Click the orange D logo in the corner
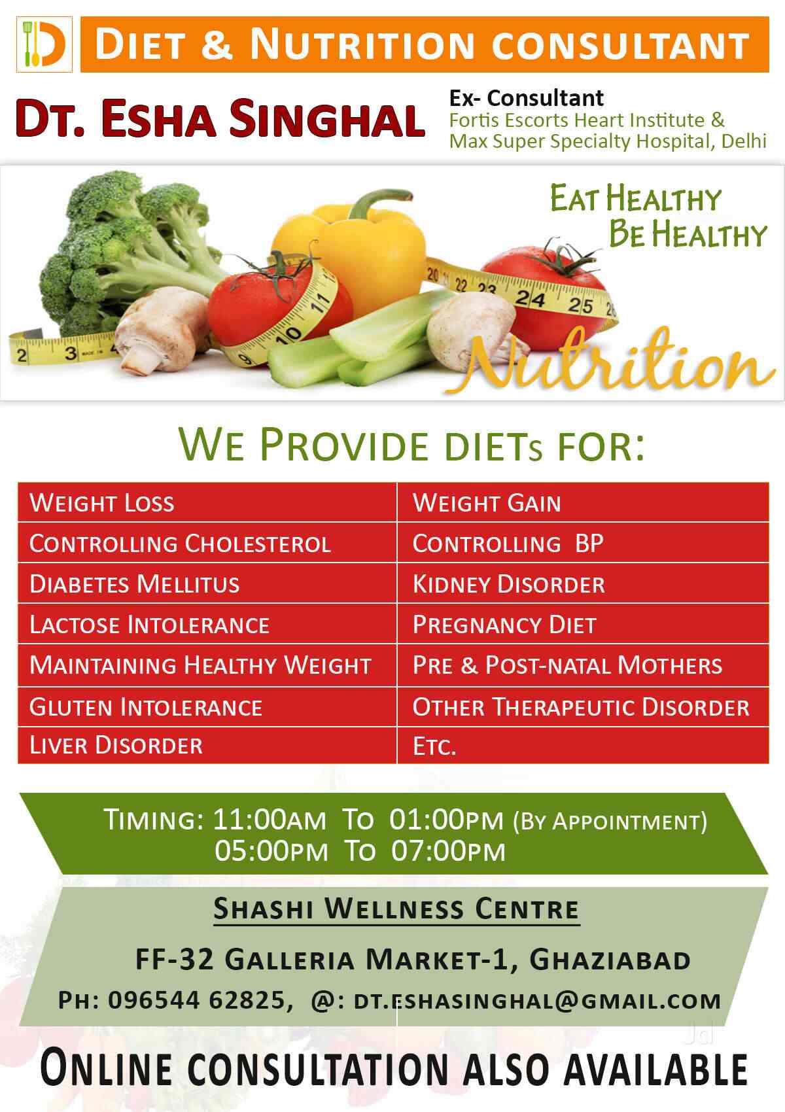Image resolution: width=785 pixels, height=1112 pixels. point(44,44)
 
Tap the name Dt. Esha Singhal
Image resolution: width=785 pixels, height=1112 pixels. point(220,118)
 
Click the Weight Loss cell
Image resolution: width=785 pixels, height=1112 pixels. point(207,502)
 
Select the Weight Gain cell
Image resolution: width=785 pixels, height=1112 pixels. point(583,502)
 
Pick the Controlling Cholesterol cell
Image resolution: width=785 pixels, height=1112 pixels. point(207,543)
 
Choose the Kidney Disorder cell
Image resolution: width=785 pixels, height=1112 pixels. point(583,583)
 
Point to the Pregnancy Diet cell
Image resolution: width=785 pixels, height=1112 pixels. point(583,624)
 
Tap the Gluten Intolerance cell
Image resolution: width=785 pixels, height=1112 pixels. point(207,707)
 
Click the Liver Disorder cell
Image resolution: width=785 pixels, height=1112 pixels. point(207,745)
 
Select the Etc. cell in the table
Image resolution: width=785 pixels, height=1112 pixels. point(583,745)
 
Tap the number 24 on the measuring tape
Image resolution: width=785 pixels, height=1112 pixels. point(530,298)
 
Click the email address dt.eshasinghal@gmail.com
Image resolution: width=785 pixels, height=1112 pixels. point(537,1001)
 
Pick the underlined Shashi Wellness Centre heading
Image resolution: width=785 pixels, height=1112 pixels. point(396,909)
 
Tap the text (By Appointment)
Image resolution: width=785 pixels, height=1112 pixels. point(610,822)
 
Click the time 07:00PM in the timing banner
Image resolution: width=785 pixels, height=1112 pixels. point(448,852)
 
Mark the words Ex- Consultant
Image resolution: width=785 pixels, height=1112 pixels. point(527,98)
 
